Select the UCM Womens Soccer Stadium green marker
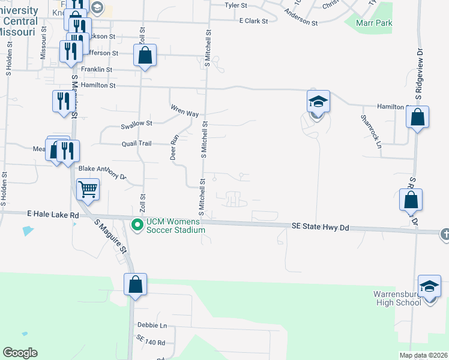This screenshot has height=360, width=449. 137,225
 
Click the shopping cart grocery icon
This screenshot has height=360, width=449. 88,190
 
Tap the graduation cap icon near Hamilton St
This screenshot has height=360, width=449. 318,102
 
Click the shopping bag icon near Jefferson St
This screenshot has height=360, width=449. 145,56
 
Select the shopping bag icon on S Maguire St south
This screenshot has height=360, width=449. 136,284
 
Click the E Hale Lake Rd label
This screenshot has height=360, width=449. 53,214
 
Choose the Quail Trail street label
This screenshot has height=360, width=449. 136,143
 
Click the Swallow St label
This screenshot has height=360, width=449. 137,124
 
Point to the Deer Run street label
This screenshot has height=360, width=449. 175,146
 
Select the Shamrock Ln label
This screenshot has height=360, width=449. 371,132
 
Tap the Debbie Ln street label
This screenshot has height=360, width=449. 151,326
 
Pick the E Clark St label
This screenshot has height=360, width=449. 253,20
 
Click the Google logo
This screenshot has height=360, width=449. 20,353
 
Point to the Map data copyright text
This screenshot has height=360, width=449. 423,355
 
